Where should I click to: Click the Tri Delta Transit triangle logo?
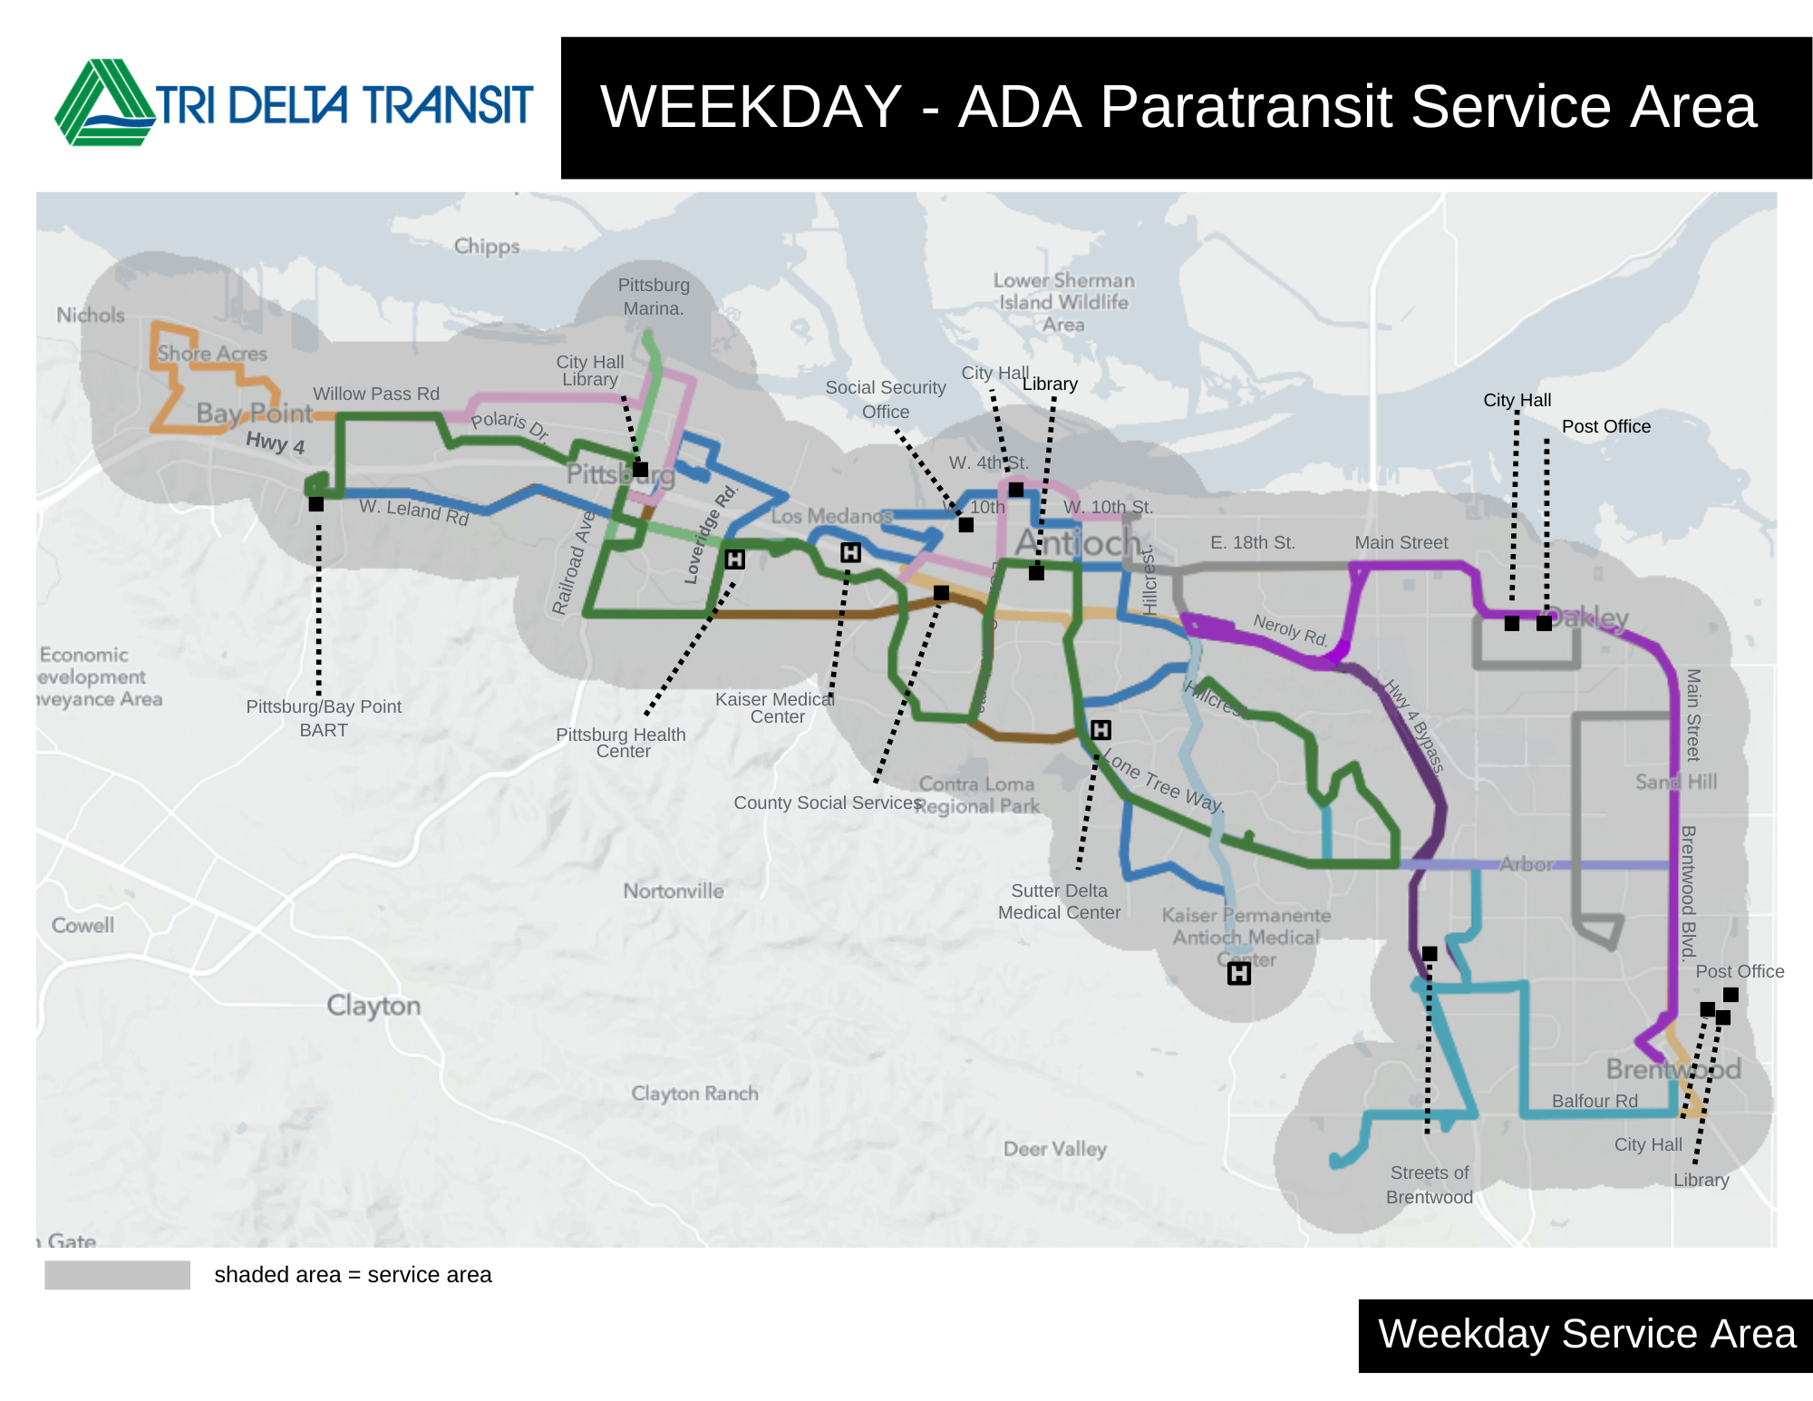point(104,102)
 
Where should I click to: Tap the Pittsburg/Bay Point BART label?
point(324,717)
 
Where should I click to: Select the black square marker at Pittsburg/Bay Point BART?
point(315,504)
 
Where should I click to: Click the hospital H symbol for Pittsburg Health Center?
point(734,559)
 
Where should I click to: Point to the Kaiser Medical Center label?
point(775,707)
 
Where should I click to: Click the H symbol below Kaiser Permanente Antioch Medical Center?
point(1238,974)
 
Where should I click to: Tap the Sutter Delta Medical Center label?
point(1059,901)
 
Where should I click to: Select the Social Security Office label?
point(886,399)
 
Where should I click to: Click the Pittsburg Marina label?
point(654,297)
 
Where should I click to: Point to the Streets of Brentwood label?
point(1430,1184)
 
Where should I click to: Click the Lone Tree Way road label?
point(1164,782)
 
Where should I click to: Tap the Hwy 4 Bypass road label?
point(1413,726)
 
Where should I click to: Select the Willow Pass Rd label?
point(376,394)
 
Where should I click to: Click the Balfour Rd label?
point(1595,1101)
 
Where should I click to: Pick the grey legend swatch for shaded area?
point(117,1275)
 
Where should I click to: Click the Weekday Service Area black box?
point(1585,1335)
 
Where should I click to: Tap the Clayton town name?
point(373,1005)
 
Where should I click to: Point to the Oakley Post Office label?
point(1605,426)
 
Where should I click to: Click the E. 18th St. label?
point(1252,542)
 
